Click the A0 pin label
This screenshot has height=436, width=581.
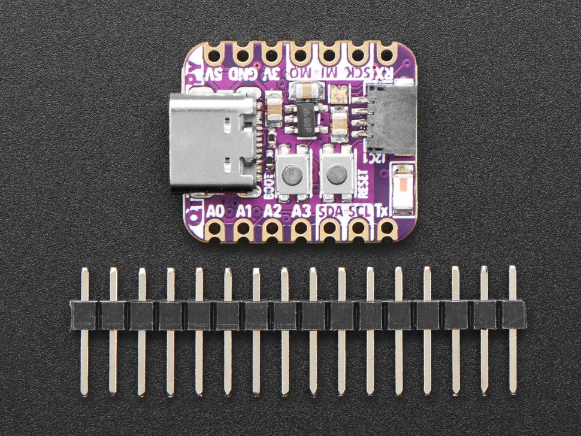pos(215,211)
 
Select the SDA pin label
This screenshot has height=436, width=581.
pos(331,211)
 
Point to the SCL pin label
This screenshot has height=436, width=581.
pos(359,211)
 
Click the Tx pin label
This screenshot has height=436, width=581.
pos(382,211)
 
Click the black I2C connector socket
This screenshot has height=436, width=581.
pos(391,118)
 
